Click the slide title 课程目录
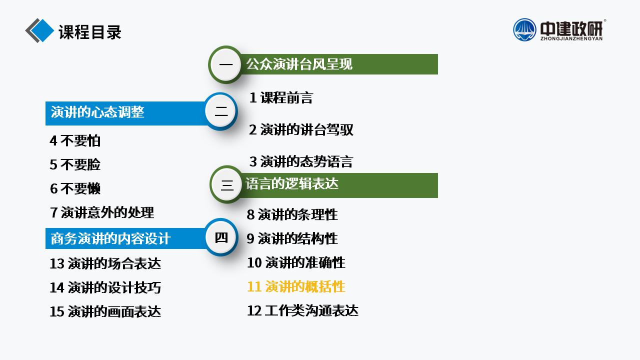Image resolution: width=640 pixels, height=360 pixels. click(90, 32)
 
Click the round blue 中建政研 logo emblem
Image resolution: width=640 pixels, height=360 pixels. click(524, 29)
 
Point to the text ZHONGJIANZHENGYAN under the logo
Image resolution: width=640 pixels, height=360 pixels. click(571, 38)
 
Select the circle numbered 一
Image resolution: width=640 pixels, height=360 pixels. click(225, 64)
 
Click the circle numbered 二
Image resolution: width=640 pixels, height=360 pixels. click(221, 111)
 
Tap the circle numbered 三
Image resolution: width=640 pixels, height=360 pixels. click(227, 184)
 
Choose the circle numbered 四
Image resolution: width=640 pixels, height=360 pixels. click(221, 237)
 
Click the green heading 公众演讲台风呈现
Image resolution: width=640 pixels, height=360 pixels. click(299, 64)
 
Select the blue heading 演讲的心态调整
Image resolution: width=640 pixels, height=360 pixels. click(97, 112)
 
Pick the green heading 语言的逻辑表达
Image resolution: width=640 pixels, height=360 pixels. click(292, 183)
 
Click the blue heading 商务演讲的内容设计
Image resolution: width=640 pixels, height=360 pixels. click(110, 238)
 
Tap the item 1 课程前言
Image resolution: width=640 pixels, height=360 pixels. click(281, 97)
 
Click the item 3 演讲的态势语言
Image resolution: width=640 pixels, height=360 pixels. click(301, 161)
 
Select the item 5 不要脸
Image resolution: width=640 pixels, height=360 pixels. click(75, 164)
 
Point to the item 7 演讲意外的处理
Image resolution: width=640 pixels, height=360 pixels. click(102, 212)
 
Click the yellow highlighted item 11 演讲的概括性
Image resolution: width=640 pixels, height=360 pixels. click(296, 286)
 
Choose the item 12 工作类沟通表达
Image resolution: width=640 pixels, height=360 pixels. click(302, 310)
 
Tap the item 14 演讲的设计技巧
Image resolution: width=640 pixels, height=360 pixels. click(105, 287)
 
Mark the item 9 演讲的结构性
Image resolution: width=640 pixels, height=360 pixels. click(292, 238)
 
